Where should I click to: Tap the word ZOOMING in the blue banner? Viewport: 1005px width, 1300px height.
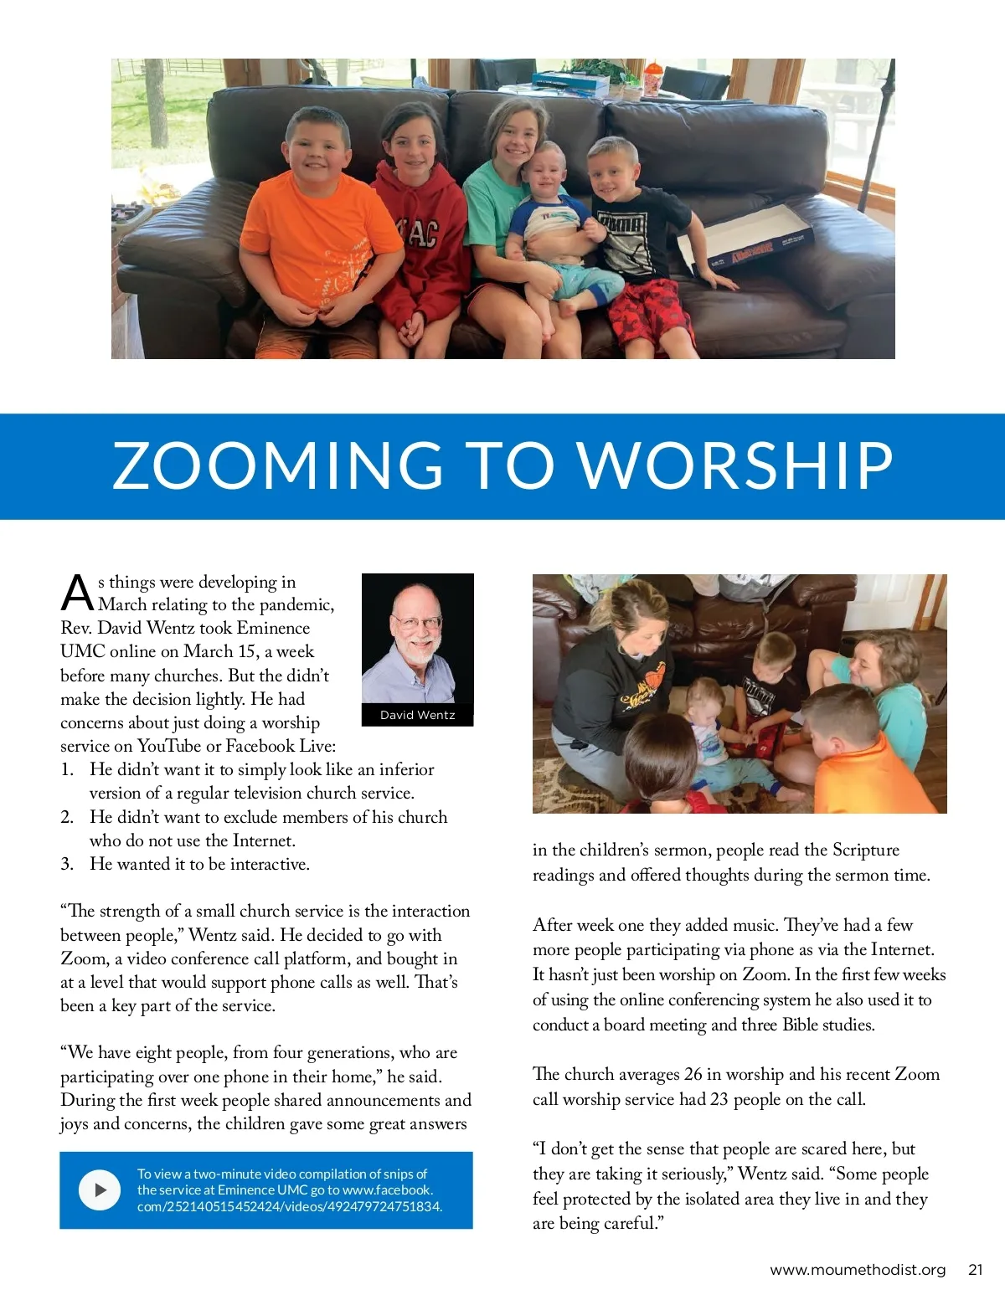(277, 465)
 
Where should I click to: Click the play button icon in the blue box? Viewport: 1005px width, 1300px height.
(100, 1190)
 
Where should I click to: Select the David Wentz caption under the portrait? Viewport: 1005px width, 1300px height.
(417, 715)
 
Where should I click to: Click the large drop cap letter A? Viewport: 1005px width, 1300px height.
(77, 593)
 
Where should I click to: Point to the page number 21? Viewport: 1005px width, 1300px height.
(975, 1270)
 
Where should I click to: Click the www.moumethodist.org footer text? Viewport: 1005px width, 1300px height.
(857, 1270)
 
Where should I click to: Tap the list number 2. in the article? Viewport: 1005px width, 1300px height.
(67, 817)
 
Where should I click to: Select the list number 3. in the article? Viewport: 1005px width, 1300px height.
(67, 864)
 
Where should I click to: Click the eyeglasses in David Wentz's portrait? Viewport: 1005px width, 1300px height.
(416, 622)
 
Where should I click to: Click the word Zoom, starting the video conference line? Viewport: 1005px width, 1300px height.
(84, 958)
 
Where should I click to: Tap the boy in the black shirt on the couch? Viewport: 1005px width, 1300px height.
(636, 234)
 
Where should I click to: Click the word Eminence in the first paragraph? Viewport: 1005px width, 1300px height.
(273, 628)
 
